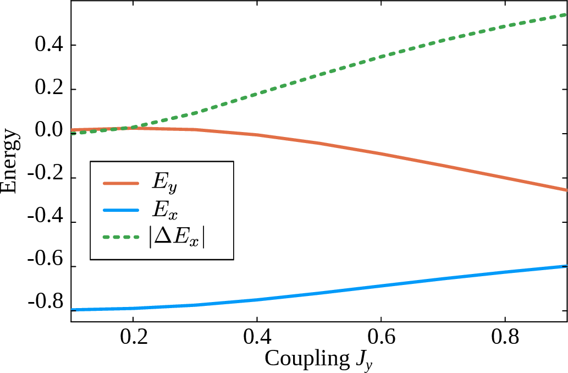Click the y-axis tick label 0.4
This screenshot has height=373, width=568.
[x=48, y=45]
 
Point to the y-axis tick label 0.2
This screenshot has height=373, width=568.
[x=48, y=89]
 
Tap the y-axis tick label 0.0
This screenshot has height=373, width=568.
[x=48, y=134]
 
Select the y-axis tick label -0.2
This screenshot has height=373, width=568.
[x=46, y=178]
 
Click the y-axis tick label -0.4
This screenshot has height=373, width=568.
[x=46, y=223]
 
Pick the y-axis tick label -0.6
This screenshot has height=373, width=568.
[x=46, y=267]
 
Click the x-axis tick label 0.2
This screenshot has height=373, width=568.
[x=133, y=336]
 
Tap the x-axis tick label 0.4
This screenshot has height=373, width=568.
[x=257, y=336]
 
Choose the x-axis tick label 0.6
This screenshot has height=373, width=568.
[x=380, y=336]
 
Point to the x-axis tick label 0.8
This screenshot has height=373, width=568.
[x=505, y=336]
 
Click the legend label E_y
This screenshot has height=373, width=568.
[x=164, y=185]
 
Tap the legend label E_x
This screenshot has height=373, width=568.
[x=164, y=210]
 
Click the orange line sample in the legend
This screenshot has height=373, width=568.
[x=121, y=184]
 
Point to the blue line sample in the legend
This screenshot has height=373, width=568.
[x=121, y=210]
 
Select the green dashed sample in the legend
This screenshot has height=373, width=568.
[x=121, y=238]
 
